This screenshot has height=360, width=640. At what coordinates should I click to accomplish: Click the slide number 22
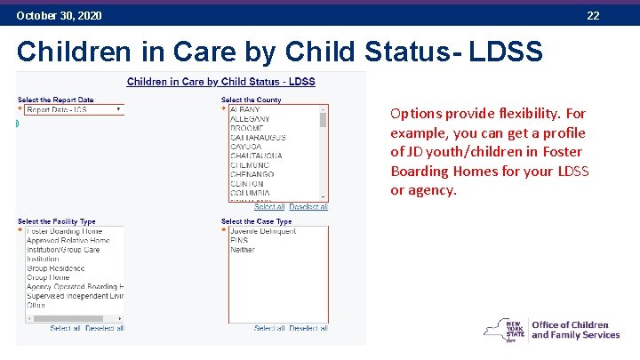(x=593, y=16)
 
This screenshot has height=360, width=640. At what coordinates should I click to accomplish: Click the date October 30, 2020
(x=59, y=16)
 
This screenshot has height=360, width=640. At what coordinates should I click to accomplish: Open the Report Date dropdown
(x=75, y=110)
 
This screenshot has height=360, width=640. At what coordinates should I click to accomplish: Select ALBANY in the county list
(x=245, y=109)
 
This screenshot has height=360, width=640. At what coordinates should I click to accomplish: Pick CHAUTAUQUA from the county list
(x=256, y=156)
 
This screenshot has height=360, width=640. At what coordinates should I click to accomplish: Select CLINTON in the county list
(x=248, y=183)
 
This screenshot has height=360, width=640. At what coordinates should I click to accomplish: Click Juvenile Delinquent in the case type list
(x=262, y=231)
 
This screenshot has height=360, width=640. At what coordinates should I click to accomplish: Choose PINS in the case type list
(x=238, y=241)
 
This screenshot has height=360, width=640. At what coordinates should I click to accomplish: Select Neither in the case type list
(x=242, y=250)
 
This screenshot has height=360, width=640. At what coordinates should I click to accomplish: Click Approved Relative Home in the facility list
(x=68, y=241)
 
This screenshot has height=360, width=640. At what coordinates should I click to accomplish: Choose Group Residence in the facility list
(x=56, y=268)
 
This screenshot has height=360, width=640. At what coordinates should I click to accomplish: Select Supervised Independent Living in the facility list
(x=75, y=296)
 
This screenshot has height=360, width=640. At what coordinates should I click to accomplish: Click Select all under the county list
(x=269, y=207)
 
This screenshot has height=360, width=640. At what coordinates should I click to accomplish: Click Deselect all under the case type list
(x=308, y=328)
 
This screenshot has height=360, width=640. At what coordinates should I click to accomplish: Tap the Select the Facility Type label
(x=57, y=221)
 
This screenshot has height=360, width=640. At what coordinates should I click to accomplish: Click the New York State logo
(x=503, y=331)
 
